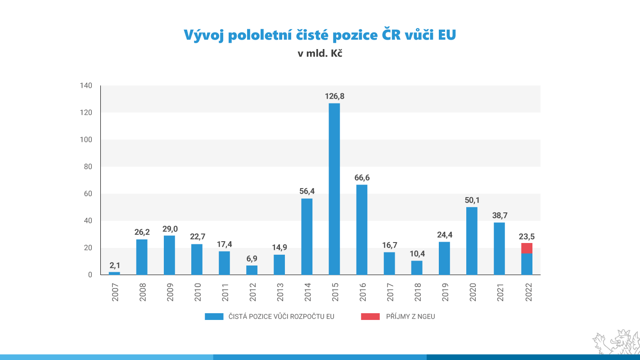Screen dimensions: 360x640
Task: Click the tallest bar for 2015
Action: click(x=334, y=189)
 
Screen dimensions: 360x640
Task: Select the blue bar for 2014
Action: click(x=306, y=236)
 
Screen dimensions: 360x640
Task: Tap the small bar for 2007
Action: click(x=114, y=273)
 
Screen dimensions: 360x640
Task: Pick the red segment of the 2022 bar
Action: click(x=527, y=248)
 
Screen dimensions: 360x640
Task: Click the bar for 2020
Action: click(x=472, y=241)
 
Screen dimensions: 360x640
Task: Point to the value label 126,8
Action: click(x=334, y=96)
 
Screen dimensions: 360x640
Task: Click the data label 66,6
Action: click(x=362, y=178)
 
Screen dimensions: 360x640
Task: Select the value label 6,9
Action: click(x=252, y=258)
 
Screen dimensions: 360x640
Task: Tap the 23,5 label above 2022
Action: click(x=527, y=236)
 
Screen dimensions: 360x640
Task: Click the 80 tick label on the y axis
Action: click(x=88, y=166)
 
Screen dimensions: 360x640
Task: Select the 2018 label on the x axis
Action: click(x=417, y=292)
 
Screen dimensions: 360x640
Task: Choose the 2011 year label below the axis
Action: click(x=225, y=292)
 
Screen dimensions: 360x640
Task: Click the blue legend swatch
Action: click(x=214, y=316)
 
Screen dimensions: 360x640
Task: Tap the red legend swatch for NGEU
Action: click(x=370, y=316)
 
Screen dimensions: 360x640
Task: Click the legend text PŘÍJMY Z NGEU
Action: click(x=410, y=316)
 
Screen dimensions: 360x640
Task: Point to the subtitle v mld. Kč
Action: click(x=320, y=53)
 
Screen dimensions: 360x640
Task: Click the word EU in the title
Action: click(x=447, y=35)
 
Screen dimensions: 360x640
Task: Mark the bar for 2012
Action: click(x=252, y=270)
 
